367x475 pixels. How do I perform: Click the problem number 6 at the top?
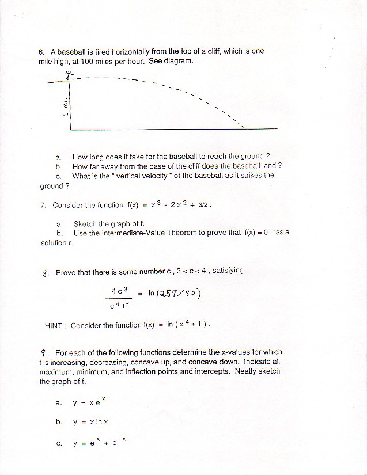click(41, 51)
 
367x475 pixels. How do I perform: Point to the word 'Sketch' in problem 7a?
click(85, 224)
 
